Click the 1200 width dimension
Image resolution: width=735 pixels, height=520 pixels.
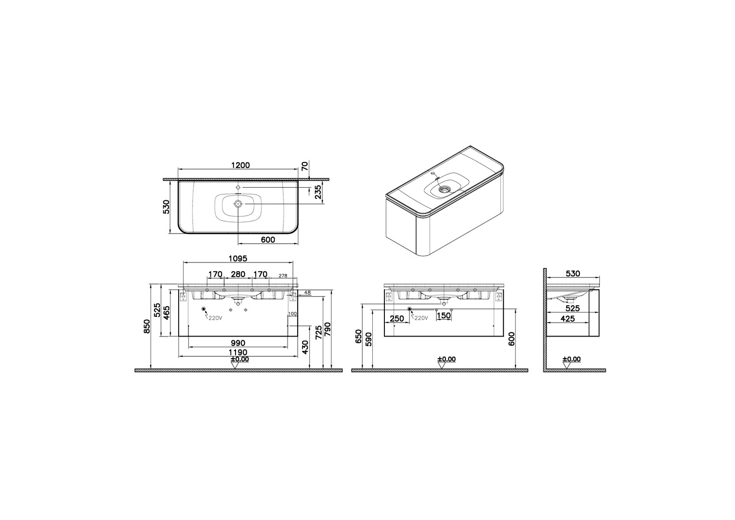240,165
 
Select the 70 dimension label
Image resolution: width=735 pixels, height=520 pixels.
304,166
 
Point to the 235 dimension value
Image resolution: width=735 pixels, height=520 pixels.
317,192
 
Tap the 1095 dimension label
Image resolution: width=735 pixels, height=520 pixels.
237,259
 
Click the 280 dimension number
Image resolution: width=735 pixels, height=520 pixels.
238,274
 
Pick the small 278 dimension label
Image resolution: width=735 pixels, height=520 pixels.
283,275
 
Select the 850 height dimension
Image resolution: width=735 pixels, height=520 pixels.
147,326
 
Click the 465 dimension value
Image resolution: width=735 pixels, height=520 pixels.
167,313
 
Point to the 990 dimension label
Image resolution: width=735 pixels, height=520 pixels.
238,343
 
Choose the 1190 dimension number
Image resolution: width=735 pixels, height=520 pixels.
238,352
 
